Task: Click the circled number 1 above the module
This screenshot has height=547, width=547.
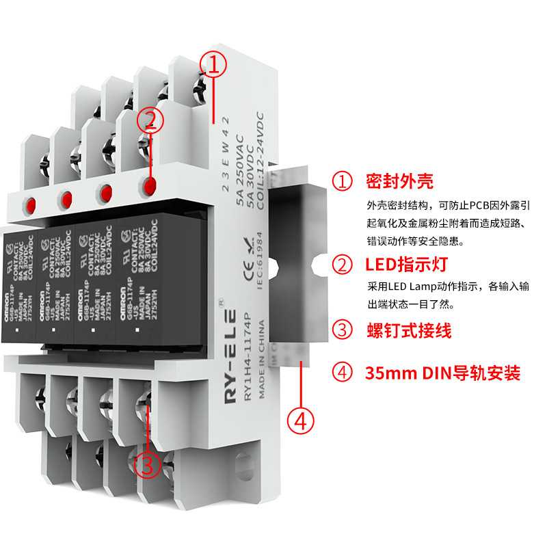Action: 213,64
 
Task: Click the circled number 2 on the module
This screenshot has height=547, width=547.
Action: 150,121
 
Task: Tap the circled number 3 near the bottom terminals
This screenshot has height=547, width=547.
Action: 148,464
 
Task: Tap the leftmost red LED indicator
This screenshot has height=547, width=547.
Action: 30,204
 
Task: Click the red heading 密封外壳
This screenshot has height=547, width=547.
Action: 399,181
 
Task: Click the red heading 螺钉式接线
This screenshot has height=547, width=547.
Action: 408,332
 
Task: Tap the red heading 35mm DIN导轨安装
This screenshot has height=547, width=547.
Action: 442,373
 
